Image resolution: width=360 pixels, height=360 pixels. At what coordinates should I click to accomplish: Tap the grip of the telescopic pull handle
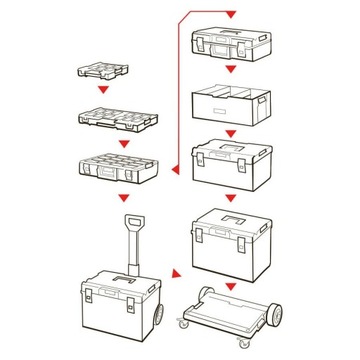click(131, 221)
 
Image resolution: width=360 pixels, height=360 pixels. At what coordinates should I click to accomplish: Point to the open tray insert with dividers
click(229, 103)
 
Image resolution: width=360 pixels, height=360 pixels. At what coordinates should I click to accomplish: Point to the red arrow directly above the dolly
click(230, 285)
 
